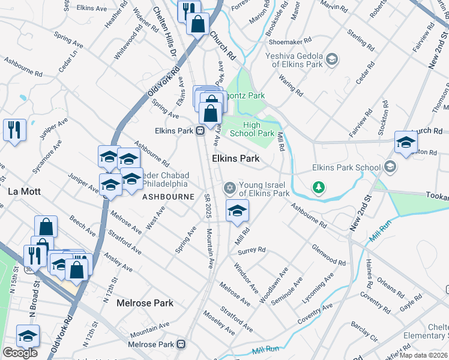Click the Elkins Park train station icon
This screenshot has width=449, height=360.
(x=200, y=131)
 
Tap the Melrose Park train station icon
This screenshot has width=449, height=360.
(x=181, y=345)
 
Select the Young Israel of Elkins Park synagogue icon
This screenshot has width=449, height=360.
(x=229, y=188)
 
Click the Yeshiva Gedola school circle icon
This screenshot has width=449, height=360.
(x=333, y=59)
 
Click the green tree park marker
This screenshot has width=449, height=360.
(x=319, y=188)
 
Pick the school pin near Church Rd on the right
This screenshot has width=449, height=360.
(x=406, y=143)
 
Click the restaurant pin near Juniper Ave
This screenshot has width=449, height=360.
(x=14, y=129)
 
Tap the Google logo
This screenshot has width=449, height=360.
(x=20, y=353)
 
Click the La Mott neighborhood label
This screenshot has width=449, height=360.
(x=23, y=192)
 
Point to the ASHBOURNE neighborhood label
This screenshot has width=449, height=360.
(x=167, y=197)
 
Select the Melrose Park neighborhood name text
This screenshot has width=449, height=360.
(x=145, y=303)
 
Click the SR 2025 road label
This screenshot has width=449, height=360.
(x=207, y=205)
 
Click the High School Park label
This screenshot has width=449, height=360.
(x=259, y=129)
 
